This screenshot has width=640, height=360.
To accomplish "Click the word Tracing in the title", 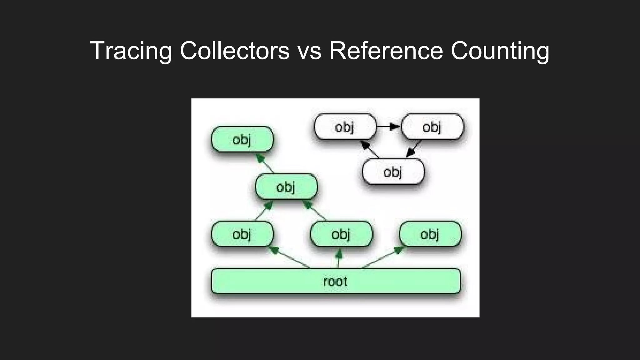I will pos(131,51).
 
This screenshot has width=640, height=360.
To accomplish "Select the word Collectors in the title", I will pos(234,51).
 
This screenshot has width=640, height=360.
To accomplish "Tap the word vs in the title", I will pos(309,51).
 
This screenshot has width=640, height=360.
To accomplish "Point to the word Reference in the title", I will pos(386,51).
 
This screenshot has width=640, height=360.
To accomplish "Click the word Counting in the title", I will pos(500,51).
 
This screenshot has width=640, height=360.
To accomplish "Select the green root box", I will pos(336,281).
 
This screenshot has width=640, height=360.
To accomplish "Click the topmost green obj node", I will pos(242,139).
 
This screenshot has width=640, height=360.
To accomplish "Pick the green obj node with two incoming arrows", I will pos(286,187).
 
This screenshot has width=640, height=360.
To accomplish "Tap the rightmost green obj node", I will pos(430,234).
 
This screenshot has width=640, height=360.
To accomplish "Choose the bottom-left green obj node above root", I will pos(242,234).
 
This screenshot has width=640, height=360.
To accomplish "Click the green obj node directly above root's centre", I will pos(341,234).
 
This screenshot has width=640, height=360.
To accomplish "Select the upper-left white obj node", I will pos(345,127).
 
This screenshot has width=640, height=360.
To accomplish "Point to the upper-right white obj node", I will pos(432,127).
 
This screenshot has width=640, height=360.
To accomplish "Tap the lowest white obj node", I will pos(393,172).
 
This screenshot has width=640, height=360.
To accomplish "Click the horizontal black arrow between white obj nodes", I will pos(388,127).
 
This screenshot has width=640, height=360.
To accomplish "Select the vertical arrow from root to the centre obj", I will pos(339,258).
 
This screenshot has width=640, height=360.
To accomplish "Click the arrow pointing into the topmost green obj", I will pos(265,163).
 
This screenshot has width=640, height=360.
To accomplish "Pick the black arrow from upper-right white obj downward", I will pos(413,149).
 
